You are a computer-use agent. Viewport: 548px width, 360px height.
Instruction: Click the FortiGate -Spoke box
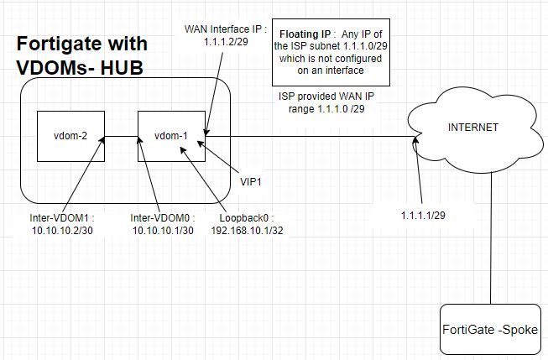pos(491,330)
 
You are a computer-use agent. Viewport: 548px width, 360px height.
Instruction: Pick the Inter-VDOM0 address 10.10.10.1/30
pos(162,229)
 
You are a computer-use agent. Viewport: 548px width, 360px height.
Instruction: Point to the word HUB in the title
pos(117,69)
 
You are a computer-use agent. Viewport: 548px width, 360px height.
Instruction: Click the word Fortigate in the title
pos(60,44)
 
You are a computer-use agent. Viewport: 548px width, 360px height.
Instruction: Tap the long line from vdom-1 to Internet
pos(311,137)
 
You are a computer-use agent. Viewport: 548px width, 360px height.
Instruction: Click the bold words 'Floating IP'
pos(305,34)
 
